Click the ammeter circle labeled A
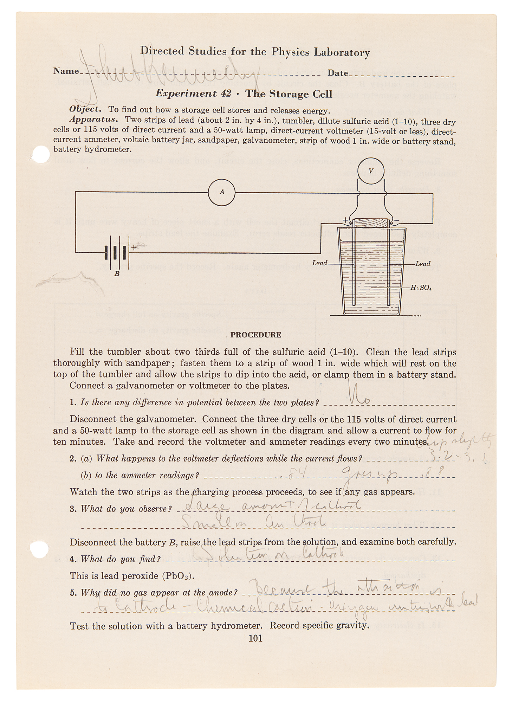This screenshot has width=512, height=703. tap(221, 192)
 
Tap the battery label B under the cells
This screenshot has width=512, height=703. tap(117, 273)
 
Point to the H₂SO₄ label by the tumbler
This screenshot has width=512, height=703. tap(421, 288)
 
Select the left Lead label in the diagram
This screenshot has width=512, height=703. tap(319, 263)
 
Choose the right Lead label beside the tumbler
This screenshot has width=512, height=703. tap(423, 264)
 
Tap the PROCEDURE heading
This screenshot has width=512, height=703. tap(256, 335)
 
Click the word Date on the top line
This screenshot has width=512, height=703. tap(338, 73)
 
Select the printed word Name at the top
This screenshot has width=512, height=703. tap(66, 71)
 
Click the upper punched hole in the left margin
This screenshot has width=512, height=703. tap(40, 154)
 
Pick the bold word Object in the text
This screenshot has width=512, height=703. tap(85, 109)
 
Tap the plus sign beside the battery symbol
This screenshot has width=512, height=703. tap(134, 248)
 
